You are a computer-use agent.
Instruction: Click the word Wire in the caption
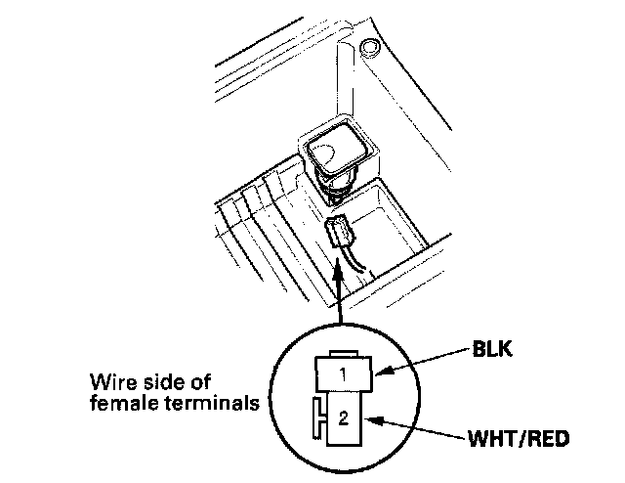[108, 380]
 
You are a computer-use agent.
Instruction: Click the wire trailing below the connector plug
[354, 263]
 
